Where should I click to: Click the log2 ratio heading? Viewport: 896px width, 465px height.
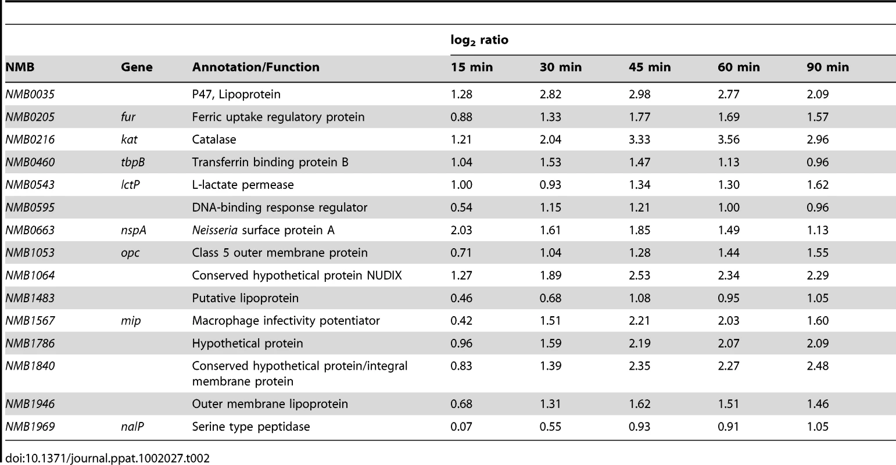[x=479, y=41]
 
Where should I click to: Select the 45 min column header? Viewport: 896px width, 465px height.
[x=650, y=67]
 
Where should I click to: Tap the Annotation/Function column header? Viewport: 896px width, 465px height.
[x=256, y=67]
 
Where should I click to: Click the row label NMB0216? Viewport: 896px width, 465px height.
[x=30, y=139]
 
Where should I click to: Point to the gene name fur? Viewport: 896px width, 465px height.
[x=128, y=116]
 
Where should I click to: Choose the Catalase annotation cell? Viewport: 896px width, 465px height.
[x=214, y=139]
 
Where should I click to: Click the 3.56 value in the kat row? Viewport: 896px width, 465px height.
[x=729, y=139]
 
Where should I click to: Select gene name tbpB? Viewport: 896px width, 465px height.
[x=133, y=162]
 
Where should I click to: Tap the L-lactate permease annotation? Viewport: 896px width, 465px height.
[x=243, y=184]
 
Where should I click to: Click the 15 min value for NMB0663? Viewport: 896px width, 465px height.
[x=461, y=230]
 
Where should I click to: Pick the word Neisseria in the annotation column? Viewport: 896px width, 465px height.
[x=215, y=230]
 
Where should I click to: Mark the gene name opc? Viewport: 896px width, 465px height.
[x=130, y=253]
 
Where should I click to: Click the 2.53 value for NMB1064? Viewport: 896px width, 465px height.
[x=639, y=276]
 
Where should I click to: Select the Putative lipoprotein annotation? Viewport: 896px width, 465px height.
[x=245, y=298]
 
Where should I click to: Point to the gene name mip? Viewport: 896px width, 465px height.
[x=131, y=320]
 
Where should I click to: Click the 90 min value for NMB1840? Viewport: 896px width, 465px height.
[x=818, y=366]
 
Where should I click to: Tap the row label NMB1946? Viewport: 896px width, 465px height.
[x=30, y=404]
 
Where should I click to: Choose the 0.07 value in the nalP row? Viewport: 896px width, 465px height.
[x=461, y=427]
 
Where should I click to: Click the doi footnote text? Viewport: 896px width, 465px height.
[x=107, y=458]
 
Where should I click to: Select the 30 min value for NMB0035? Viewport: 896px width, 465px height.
[x=550, y=94]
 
